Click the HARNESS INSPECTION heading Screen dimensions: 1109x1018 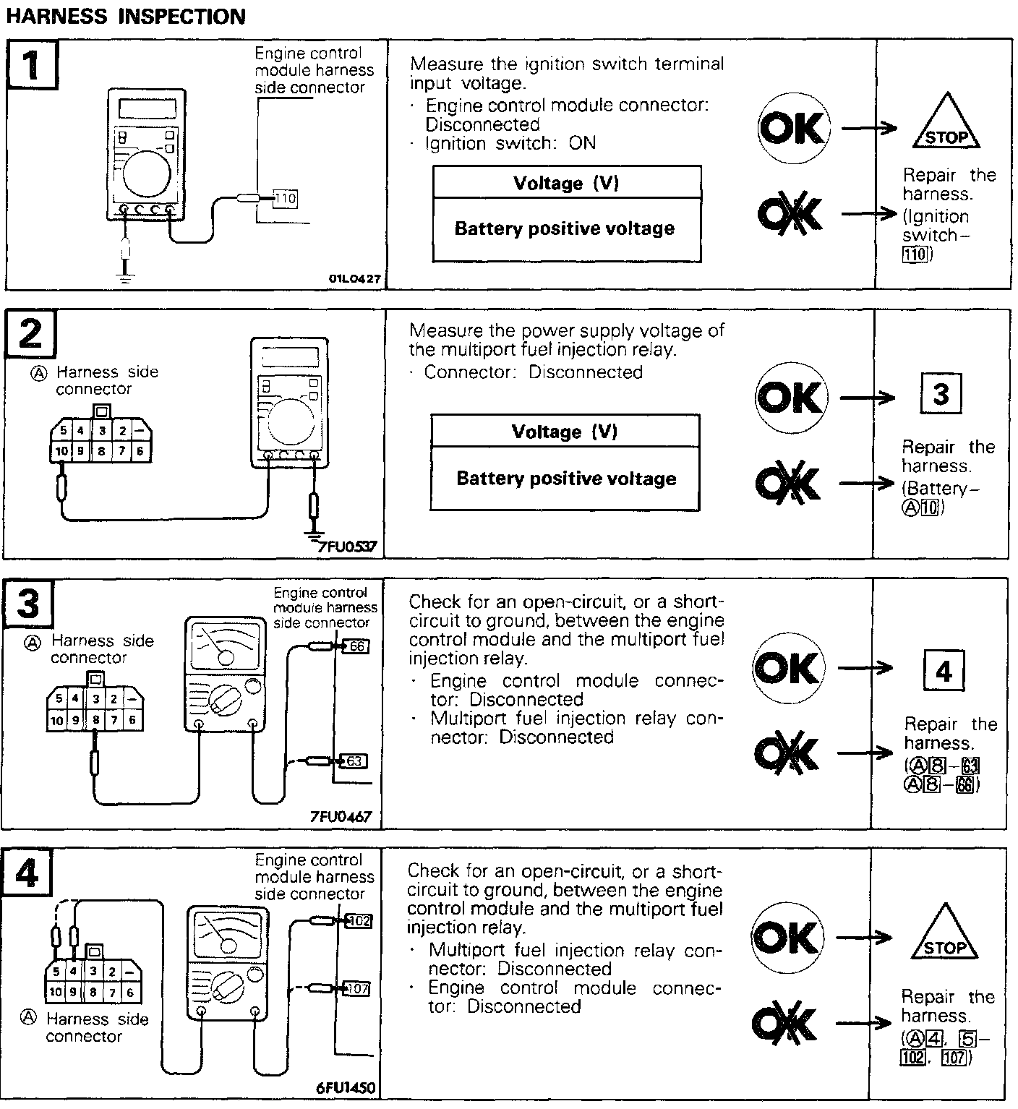pyautogui.click(x=126, y=16)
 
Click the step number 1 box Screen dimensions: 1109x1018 pyautogui.click(x=32, y=64)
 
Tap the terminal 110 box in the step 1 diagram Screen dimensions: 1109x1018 pyautogui.click(x=286, y=197)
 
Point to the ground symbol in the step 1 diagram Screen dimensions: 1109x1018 pyautogui.click(x=127, y=276)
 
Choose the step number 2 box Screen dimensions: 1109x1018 pyautogui.click(x=30, y=334)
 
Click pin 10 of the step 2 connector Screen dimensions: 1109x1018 pyautogui.click(x=61, y=451)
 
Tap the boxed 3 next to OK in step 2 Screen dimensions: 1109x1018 pyautogui.click(x=941, y=395)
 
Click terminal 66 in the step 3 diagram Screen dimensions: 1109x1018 pyautogui.click(x=356, y=646)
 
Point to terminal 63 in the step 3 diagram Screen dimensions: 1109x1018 pyautogui.click(x=354, y=761)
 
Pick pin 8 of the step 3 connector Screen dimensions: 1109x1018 pyautogui.click(x=95, y=719)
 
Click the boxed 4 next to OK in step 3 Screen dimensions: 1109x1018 pyautogui.click(x=944, y=672)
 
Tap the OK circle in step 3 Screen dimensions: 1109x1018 pyautogui.click(x=788, y=668)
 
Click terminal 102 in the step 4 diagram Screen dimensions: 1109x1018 pyautogui.click(x=359, y=920)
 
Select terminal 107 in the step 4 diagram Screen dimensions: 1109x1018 pyautogui.click(x=358, y=988)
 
